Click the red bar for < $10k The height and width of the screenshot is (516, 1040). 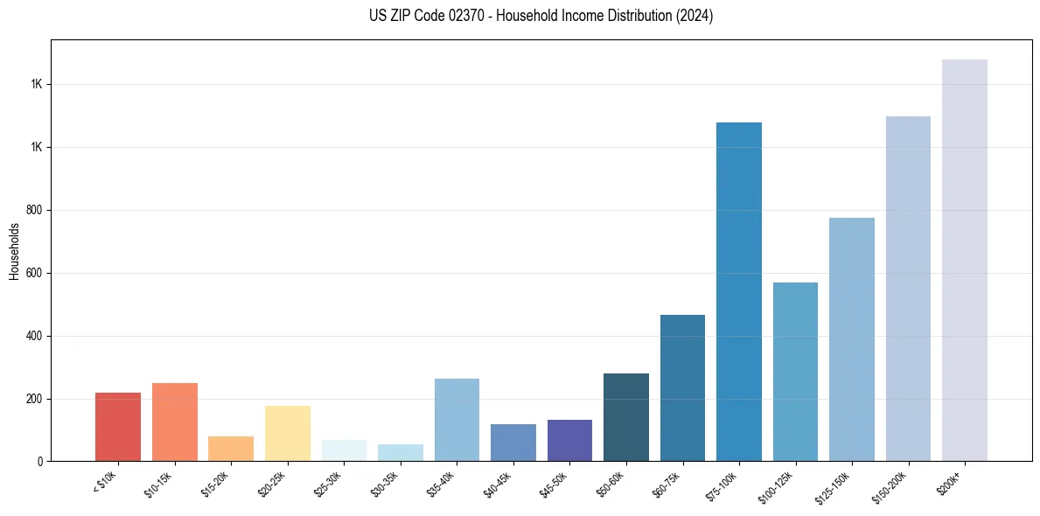pyautogui.click(x=118, y=427)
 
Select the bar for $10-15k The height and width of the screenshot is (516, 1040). pyautogui.click(x=175, y=422)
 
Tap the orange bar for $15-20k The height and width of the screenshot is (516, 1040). pyautogui.click(x=231, y=449)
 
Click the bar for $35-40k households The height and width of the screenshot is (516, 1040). pyautogui.click(x=457, y=420)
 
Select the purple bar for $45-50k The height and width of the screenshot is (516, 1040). pyautogui.click(x=569, y=440)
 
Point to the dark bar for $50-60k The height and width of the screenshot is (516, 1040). pyautogui.click(x=626, y=417)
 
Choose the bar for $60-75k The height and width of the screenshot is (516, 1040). pyautogui.click(x=682, y=387)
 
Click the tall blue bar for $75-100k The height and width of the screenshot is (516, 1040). pyautogui.click(x=739, y=291)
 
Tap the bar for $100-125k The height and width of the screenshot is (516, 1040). pyautogui.click(x=795, y=372)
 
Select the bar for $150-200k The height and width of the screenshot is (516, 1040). pyautogui.click(x=908, y=289)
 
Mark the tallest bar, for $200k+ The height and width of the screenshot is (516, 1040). pyautogui.click(x=965, y=260)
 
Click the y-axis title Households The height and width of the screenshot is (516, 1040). pyautogui.click(x=14, y=251)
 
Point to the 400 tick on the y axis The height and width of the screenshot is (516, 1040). pyautogui.click(x=36, y=336)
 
